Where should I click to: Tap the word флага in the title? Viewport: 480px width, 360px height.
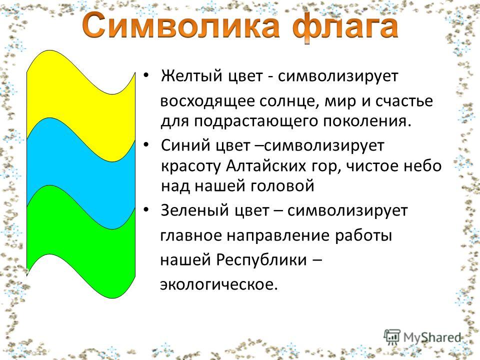pyautogui.click(x=345, y=27)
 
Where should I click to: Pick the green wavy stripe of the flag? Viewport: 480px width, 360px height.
pyautogui.click(x=81, y=242)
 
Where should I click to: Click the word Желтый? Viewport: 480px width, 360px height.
pyautogui.click(x=191, y=75)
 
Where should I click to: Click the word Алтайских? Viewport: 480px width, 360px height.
pyautogui.click(x=266, y=166)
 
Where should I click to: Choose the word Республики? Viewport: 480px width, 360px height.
pyautogui.click(x=261, y=260)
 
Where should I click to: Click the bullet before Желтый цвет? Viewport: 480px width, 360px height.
pyautogui.click(x=146, y=75)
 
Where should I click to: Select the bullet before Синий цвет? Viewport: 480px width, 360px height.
pyautogui.click(x=146, y=144)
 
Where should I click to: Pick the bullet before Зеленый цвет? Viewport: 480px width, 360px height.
pyautogui.click(x=146, y=210)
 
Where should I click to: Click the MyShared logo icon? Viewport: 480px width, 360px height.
pyautogui.click(x=392, y=336)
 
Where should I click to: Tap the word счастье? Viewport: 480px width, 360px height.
pyautogui.click(x=404, y=101)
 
